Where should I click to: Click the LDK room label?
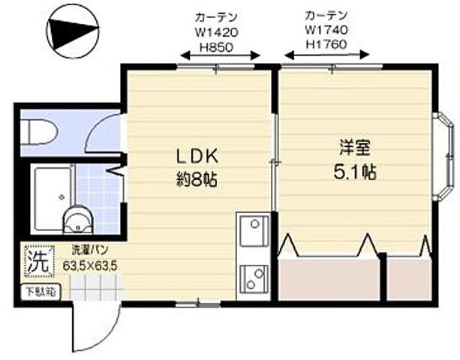196,157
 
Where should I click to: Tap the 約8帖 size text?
197,180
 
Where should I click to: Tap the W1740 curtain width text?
326,28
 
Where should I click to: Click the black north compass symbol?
72,31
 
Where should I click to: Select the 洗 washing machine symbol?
37,263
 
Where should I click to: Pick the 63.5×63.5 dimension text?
92,265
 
